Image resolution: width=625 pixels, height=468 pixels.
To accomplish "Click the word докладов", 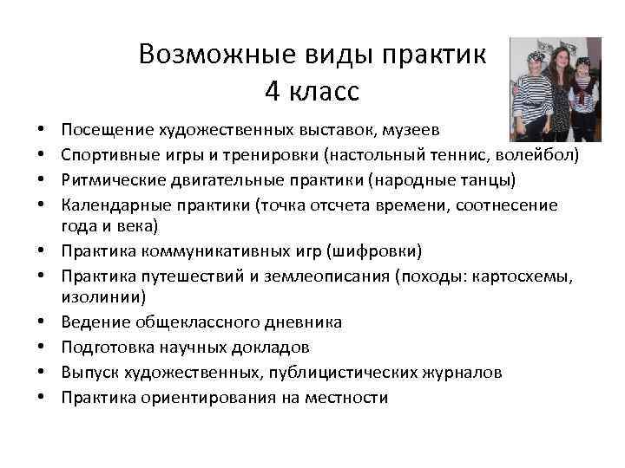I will [274, 347].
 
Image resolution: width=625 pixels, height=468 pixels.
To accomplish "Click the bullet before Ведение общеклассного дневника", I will [43, 322].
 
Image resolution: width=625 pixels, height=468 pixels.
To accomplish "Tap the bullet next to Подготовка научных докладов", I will [43, 347].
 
